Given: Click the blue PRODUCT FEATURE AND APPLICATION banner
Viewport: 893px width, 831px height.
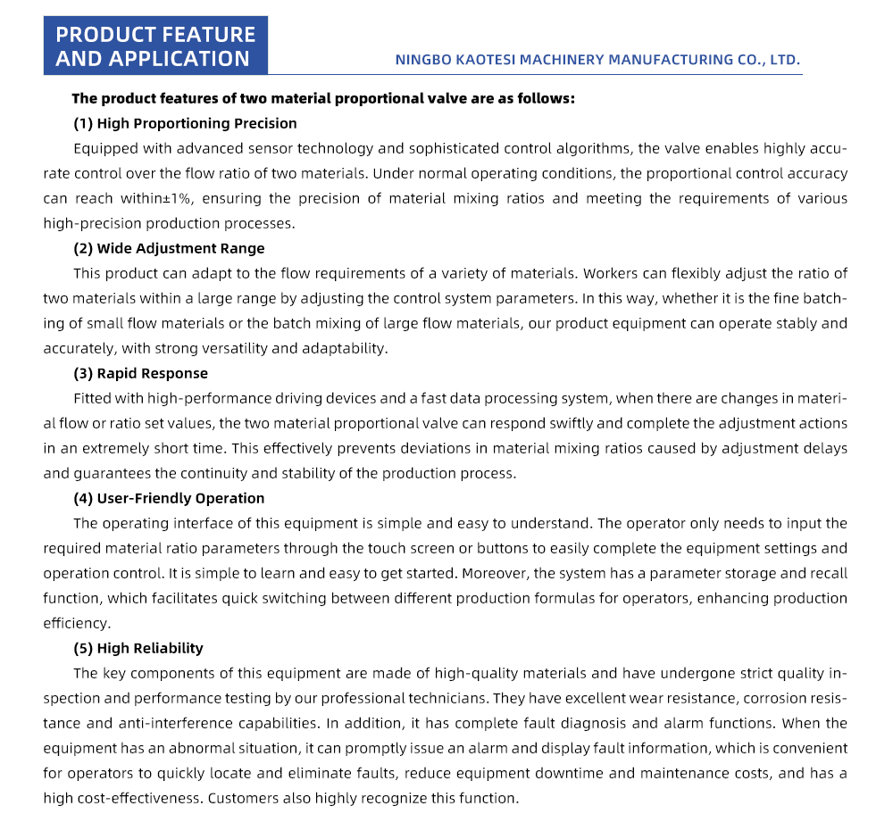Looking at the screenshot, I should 155,46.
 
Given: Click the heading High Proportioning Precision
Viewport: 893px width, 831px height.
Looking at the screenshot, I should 196,123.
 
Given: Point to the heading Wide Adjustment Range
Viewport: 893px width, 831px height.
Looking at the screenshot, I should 180,248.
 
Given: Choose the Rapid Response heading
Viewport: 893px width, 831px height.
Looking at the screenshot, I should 152,373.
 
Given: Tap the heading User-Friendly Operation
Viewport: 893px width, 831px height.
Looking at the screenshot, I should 180,498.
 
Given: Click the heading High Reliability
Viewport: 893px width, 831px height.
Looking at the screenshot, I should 150,648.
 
